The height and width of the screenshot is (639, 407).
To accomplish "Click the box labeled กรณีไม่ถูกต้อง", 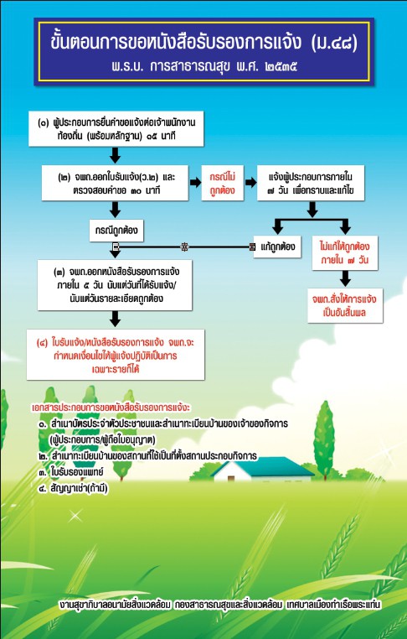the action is point(222,183).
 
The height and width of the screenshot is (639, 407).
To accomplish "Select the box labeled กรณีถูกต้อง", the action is point(116,231).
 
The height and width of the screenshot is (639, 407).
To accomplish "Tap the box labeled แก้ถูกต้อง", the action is point(277,247).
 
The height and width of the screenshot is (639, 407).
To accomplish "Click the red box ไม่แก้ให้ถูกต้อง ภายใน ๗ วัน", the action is point(345,252).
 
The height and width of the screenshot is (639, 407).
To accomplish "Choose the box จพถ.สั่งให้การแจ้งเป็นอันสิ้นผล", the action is point(345,305).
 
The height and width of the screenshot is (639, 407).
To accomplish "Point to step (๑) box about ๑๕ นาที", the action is point(116,128).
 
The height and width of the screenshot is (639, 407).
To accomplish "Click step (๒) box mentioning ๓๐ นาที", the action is point(116,183).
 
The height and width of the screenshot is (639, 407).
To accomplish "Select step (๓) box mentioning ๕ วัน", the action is point(115,285).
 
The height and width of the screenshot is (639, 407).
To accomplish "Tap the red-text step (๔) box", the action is point(116,355).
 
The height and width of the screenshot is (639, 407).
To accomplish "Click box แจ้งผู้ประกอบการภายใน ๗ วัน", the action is point(311,183).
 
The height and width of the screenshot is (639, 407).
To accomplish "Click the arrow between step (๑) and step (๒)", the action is point(116,155).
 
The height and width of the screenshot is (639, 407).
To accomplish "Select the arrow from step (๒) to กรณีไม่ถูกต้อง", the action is point(195,183).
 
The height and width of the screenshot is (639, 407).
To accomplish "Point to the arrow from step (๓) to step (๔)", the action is point(116,319).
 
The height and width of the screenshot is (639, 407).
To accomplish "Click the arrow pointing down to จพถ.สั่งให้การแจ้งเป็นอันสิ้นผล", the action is point(345,278).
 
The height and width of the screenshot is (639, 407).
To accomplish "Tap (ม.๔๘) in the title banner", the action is point(334,43).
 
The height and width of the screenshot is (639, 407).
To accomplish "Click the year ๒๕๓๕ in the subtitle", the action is point(281,66).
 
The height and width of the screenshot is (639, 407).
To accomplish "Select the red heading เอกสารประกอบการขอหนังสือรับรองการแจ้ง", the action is point(111,408).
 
